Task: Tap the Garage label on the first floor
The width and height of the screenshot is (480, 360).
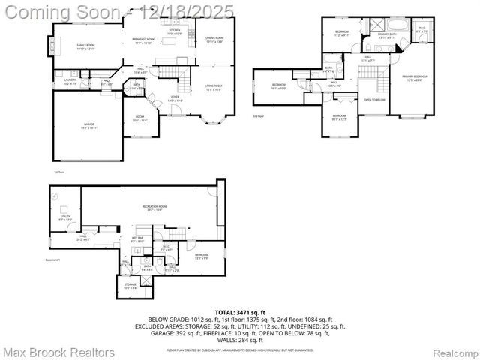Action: point(84,124)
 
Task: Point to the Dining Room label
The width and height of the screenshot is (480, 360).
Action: point(214,40)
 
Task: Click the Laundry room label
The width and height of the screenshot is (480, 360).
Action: point(70,80)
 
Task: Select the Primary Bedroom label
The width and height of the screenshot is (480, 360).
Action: point(414,78)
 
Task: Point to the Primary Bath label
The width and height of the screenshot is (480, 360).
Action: point(387,35)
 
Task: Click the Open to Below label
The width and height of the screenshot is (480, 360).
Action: point(374,100)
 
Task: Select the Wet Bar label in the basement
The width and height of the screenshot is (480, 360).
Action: point(138,239)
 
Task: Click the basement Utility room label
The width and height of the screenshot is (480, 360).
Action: point(65,217)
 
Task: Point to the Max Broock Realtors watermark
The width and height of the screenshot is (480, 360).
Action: point(58,352)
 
